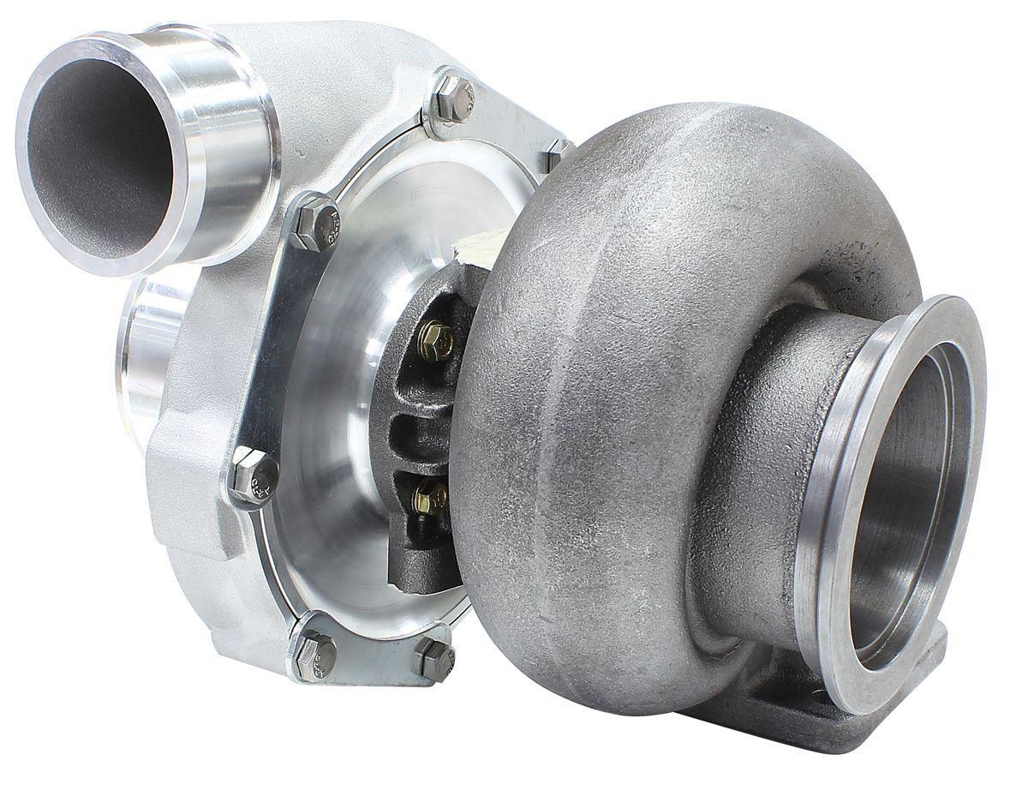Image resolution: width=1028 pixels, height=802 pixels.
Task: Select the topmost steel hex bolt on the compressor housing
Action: click(453, 98)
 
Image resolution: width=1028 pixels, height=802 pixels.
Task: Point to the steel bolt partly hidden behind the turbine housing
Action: click(558, 154)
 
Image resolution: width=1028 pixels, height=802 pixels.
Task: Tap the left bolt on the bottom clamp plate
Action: click(314, 655)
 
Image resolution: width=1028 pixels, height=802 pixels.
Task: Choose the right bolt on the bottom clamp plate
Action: click(434, 659)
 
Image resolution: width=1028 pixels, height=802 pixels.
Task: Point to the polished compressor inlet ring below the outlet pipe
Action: click(146, 351)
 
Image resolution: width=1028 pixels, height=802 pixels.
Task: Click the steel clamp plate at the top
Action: click(497, 120)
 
